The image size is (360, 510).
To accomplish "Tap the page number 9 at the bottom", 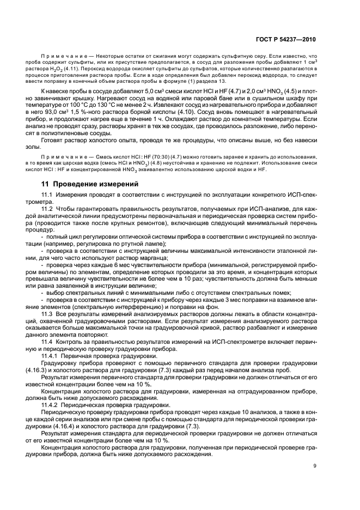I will (314, 465).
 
